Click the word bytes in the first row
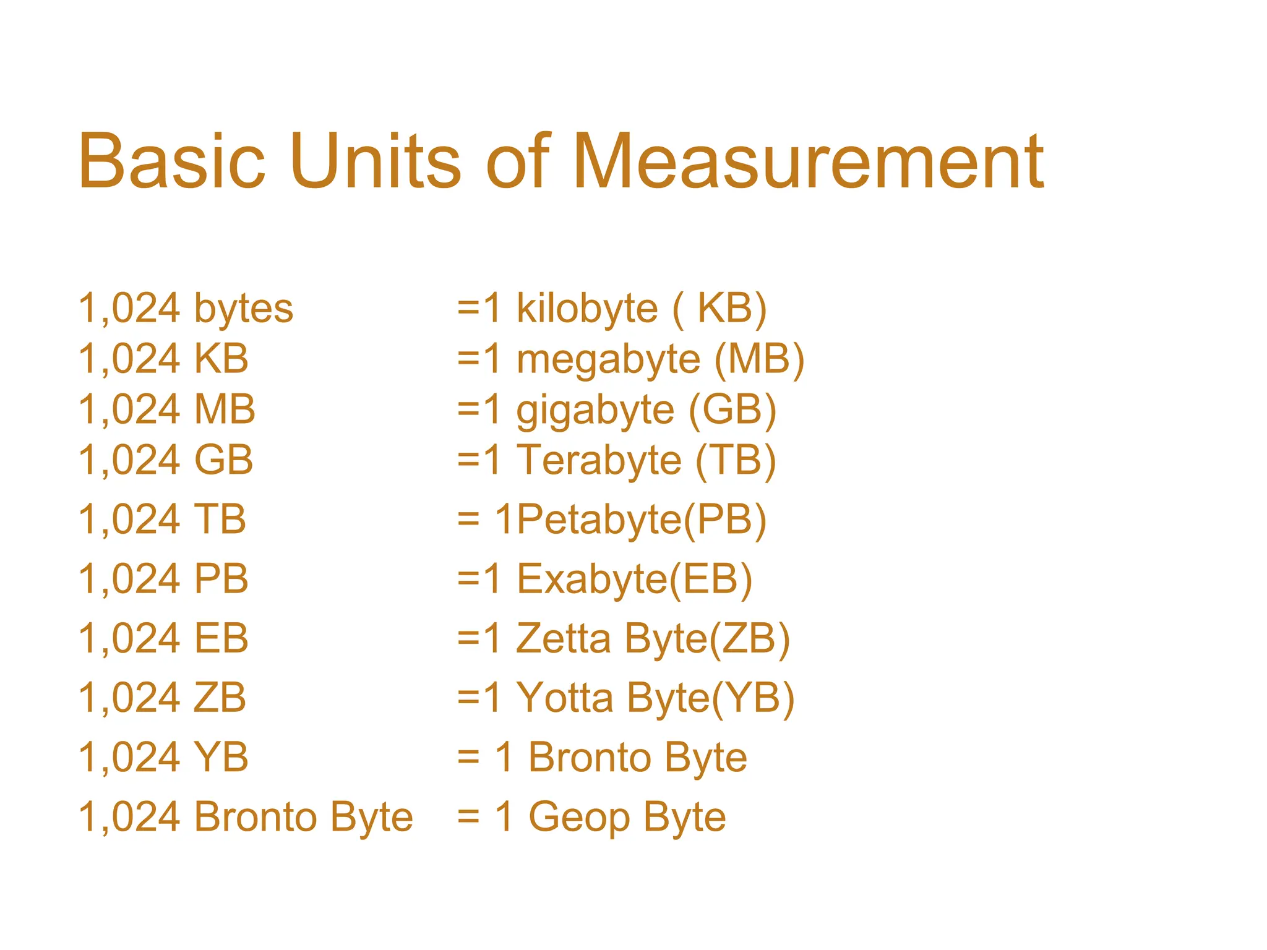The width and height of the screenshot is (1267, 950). [x=244, y=309]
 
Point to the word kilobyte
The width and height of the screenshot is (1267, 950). [x=587, y=309]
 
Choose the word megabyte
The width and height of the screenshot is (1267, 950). [x=608, y=360]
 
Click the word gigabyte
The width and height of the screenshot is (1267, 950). [x=595, y=411]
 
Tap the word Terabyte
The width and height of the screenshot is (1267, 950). [x=599, y=461]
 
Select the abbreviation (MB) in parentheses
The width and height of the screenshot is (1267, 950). [x=759, y=359]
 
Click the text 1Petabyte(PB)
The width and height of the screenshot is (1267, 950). [x=630, y=520]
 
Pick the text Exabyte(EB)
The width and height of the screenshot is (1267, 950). [x=634, y=580]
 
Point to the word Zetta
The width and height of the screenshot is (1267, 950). [x=563, y=638]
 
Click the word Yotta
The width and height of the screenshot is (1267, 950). [x=564, y=698]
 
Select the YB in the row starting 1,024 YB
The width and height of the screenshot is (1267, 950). [x=221, y=757]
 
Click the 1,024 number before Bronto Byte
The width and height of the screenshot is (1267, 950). [x=129, y=817]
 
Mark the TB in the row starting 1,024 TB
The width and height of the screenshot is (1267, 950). [x=220, y=520]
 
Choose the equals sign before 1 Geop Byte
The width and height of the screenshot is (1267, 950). [x=468, y=817]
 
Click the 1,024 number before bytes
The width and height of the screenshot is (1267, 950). [x=129, y=309]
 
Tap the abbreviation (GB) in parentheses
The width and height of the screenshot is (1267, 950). [x=732, y=411]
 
